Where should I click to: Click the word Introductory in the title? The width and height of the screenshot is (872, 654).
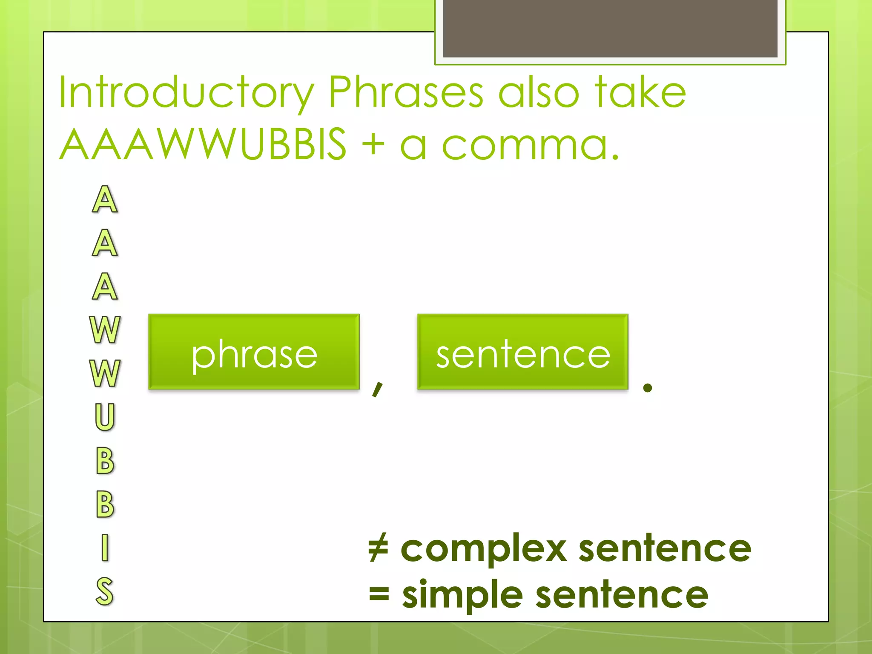[x=186, y=92]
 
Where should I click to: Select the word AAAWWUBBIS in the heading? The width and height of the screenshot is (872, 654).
[x=203, y=144]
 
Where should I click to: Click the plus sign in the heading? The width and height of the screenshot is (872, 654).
[x=373, y=144]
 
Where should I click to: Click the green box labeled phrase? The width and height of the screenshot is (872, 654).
[x=254, y=352]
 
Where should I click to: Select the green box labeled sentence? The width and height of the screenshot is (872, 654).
[x=522, y=352]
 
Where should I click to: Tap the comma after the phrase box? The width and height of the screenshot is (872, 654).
[x=377, y=388]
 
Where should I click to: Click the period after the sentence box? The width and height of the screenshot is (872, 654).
[x=648, y=387]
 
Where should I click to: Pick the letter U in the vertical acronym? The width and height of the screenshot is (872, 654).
[x=105, y=416]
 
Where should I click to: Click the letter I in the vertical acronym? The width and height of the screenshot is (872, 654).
[x=105, y=548]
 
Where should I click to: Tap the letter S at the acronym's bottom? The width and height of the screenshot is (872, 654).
[x=105, y=591]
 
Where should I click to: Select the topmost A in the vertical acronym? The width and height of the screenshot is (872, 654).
[x=105, y=199]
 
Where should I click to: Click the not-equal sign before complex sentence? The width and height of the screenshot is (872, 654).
[x=378, y=548]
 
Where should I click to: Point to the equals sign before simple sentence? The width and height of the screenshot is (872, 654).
[x=379, y=594]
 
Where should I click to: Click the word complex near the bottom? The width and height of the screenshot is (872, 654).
[x=484, y=549]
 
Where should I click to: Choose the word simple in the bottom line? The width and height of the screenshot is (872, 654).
[x=462, y=595]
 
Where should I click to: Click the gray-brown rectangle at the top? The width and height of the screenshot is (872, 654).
[x=610, y=28]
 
